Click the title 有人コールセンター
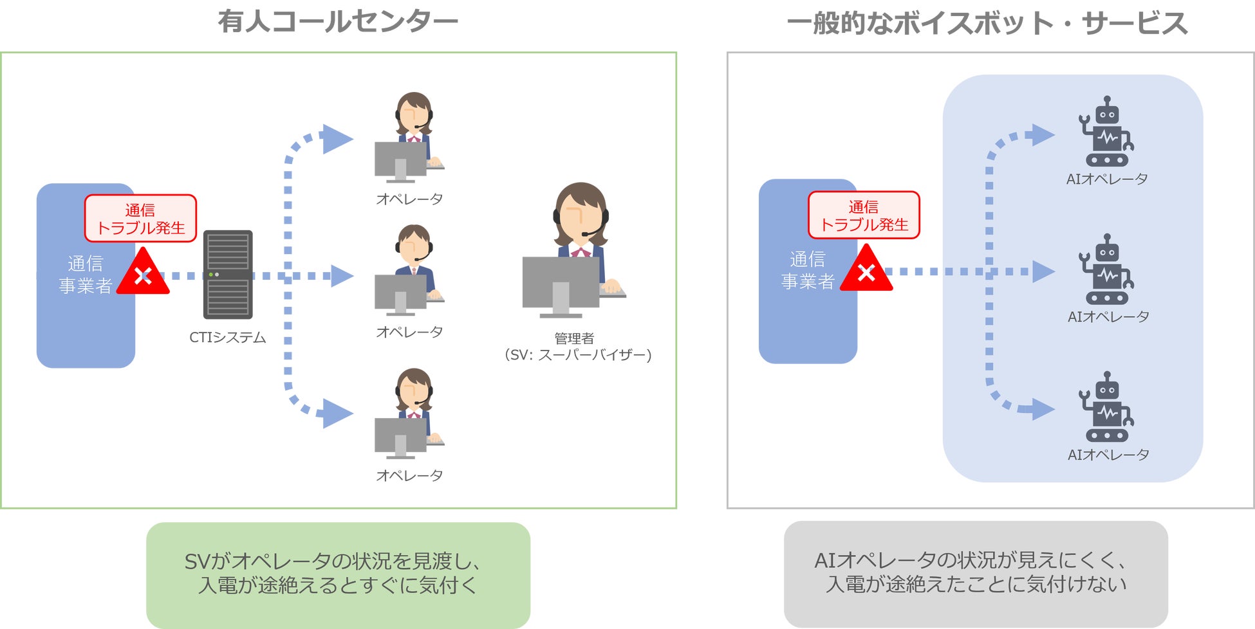pyautogui.click(x=337, y=22)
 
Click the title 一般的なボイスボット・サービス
pyautogui.click(x=987, y=24)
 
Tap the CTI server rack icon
pyautogui.click(x=228, y=275)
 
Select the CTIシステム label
pyautogui.click(x=227, y=338)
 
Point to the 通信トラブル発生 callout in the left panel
pyautogui.click(x=140, y=219)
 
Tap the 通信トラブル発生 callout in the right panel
pyautogui.click(x=864, y=215)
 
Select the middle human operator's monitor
pyautogui.click(x=400, y=293)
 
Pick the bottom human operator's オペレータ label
pyautogui.click(x=409, y=475)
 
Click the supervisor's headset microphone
pyautogui.click(x=586, y=233)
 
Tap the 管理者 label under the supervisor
pyautogui.click(x=574, y=338)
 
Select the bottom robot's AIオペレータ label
pyautogui.click(x=1108, y=455)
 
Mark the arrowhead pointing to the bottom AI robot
pyautogui.click(x=1043, y=408)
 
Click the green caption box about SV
pyautogui.click(x=338, y=574)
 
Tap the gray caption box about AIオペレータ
pyautogui.click(x=975, y=573)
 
